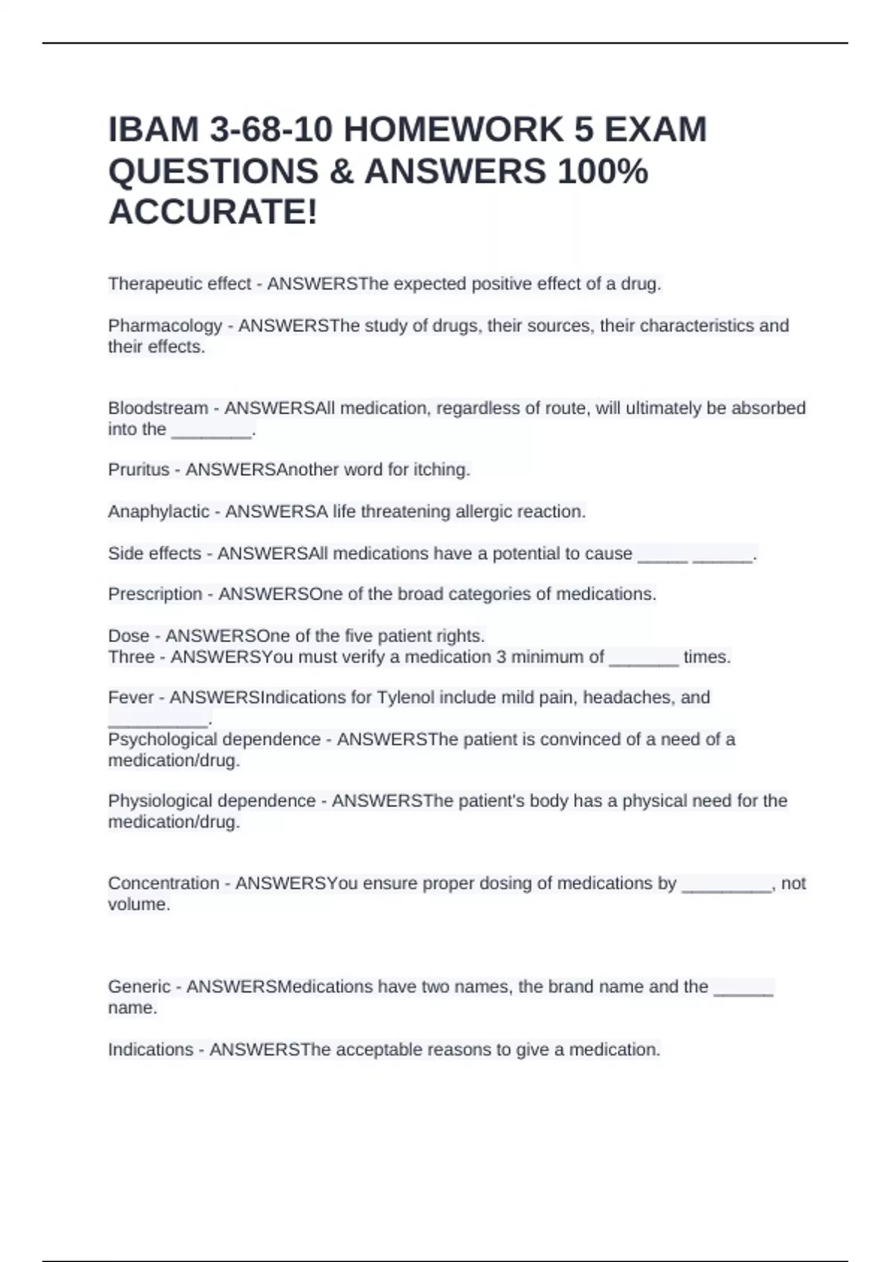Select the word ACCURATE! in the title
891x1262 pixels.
coord(213,212)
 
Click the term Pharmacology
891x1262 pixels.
coord(165,326)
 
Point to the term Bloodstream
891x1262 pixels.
coord(158,408)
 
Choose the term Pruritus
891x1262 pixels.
coord(139,470)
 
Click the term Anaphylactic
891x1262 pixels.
coord(158,511)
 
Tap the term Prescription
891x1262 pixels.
coord(155,594)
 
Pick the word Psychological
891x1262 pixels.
coord(163,739)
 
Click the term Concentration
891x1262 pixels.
coord(163,883)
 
